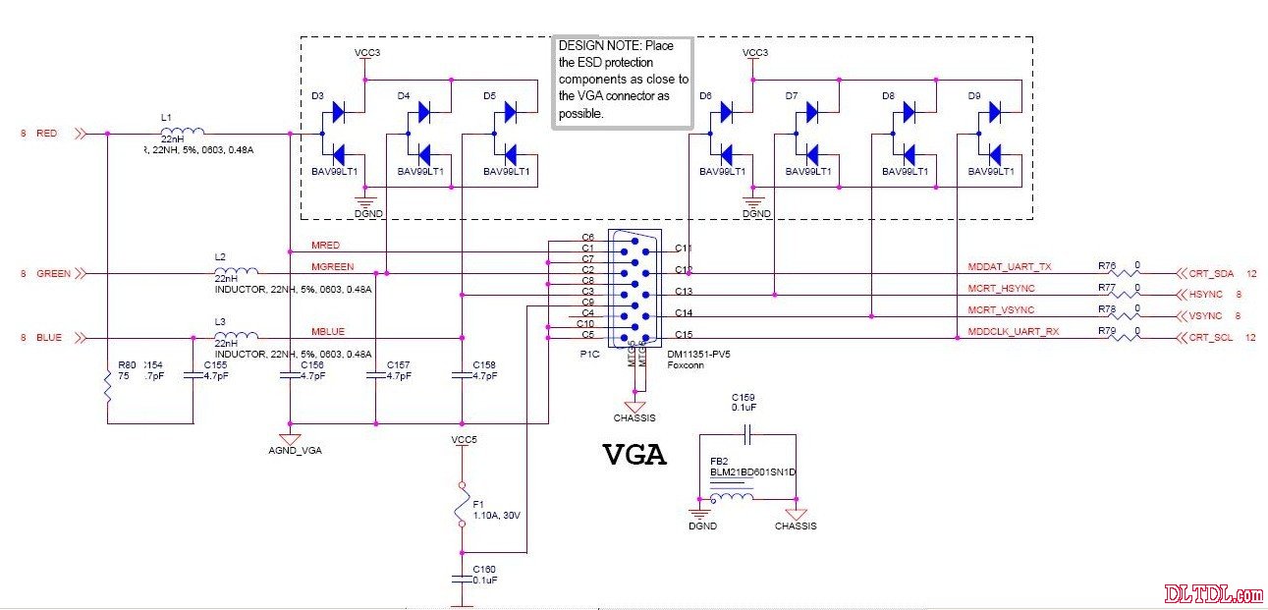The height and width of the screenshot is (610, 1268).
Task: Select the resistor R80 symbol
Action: tap(106, 388)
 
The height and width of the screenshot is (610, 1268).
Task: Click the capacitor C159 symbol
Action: tap(746, 433)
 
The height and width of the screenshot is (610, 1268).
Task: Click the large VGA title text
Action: tap(634, 456)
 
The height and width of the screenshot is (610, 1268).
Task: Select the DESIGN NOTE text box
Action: tap(623, 81)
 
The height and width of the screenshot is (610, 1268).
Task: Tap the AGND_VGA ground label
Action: tap(295, 452)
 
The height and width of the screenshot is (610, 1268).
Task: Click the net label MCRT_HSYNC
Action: tap(1001, 288)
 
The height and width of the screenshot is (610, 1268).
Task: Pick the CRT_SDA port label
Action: tap(1210, 274)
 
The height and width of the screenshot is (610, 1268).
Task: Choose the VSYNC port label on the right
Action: tap(1205, 316)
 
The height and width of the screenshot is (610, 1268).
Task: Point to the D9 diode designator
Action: tap(973, 96)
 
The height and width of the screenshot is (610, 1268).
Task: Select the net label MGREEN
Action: tap(332, 266)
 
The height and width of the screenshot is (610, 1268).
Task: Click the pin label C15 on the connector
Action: tap(685, 335)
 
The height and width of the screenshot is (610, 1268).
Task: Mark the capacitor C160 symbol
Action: tap(461, 579)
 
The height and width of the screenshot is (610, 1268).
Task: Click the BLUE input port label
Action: tap(48, 337)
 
